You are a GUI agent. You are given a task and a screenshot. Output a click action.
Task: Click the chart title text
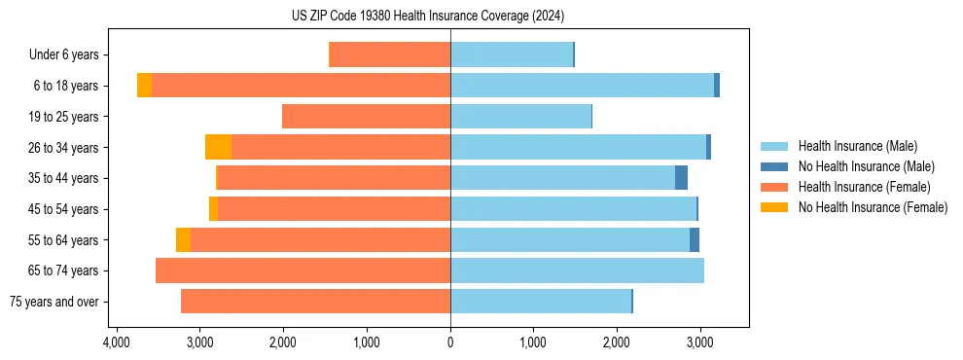pos(427,17)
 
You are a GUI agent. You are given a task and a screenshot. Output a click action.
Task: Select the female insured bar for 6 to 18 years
pos(301,86)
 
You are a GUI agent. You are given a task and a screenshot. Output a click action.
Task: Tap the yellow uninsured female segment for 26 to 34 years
pos(218,147)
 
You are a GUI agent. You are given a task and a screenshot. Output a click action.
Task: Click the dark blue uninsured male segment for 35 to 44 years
pos(681,178)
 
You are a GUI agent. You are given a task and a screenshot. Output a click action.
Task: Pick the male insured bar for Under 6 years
pos(511,54)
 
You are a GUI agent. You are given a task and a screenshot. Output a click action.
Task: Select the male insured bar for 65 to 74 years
pos(577,270)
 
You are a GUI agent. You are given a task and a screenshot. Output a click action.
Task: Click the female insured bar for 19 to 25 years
pos(366,117)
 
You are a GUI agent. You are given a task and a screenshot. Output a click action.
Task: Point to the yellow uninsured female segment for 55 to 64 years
pos(183,239)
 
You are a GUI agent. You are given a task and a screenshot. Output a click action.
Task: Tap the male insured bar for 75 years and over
pos(541,302)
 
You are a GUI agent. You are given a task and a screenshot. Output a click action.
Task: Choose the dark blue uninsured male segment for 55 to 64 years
pos(695,239)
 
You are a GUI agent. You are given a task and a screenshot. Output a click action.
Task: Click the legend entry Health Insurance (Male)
pos(857,146)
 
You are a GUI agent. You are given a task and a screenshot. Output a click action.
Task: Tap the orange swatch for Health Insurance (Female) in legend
pos(774,187)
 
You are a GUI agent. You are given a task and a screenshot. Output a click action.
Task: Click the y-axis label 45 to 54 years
pos(63,209)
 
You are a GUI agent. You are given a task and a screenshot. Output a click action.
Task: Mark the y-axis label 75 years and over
pos(53,302)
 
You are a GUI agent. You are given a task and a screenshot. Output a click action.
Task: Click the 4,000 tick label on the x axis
pos(117,342)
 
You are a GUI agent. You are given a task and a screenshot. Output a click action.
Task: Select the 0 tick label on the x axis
pos(450,342)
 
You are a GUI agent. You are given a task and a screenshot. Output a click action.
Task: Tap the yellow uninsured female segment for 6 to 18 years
pos(144,86)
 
